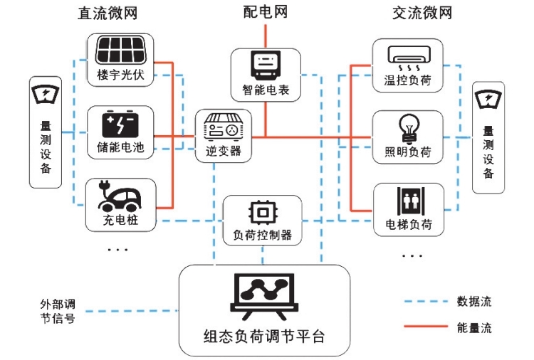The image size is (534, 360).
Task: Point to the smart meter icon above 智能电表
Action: [265, 66]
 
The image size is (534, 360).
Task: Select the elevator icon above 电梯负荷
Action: [408, 202]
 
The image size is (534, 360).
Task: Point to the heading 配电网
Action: [265, 12]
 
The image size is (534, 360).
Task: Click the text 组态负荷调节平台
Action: [264, 336]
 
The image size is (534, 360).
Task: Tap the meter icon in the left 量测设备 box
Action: [46, 94]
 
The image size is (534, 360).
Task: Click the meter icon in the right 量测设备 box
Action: [488, 98]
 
